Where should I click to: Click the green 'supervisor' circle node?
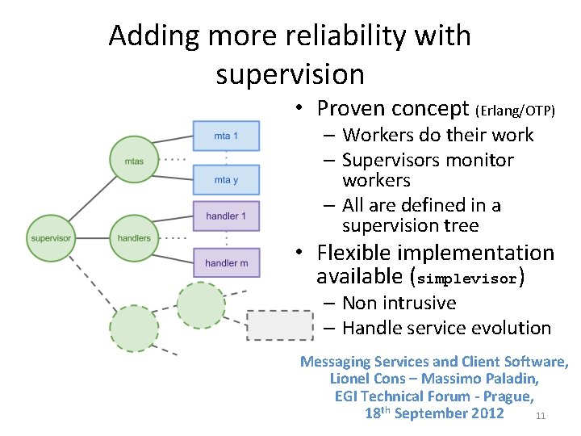[x=51, y=238]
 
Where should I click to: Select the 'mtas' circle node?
[x=134, y=161]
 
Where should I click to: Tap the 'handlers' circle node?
[x=134, y=238]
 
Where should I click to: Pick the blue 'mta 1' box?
[x=226, y=136]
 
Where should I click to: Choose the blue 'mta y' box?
[x=226, y=180]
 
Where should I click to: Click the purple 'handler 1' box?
[x=226, y=216]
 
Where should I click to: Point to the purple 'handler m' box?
[x=226, y=262]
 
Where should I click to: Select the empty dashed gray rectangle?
[x=279, y=325]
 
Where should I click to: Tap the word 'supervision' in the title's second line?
[x=290, y=74]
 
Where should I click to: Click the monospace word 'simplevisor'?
[x=467, y=279]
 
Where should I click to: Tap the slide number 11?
[x=541, y=417]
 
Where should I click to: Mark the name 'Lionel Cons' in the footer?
[x=370, y=379]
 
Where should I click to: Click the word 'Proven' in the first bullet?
[x=348, y=108]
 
